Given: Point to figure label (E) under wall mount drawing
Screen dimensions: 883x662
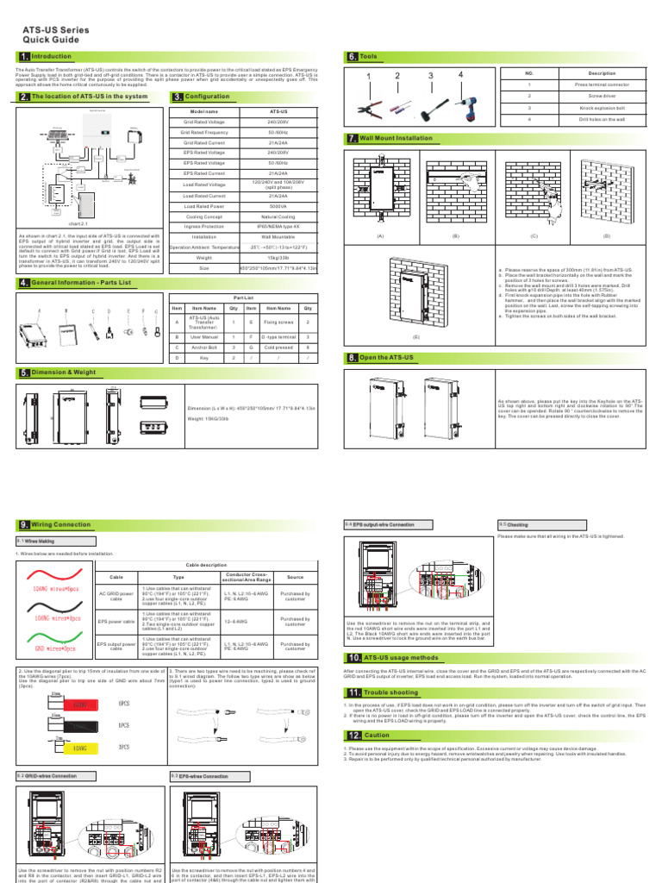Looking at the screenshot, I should click(416, 336).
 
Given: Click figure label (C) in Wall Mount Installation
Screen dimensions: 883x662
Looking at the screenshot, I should click(534, 235).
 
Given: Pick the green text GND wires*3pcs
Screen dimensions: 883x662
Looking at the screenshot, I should click(55, 646).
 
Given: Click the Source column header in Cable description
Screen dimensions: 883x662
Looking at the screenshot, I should click(295, 577).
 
